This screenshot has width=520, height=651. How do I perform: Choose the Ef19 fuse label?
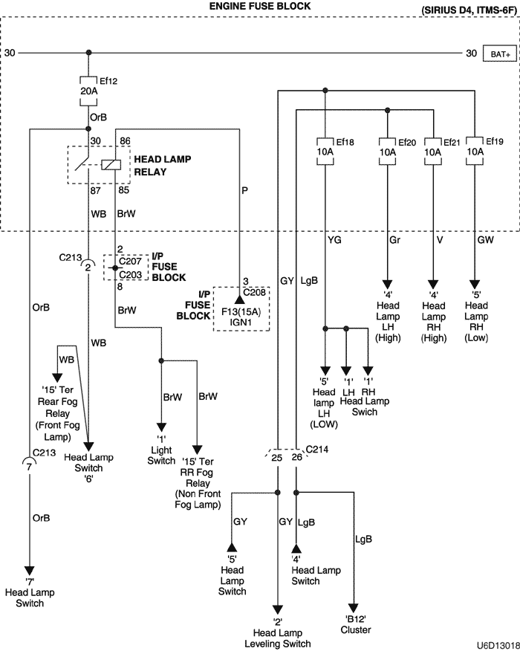point(495,142)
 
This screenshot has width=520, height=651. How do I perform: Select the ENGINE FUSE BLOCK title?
point(260,7)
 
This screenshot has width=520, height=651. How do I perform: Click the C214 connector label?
point(317,449)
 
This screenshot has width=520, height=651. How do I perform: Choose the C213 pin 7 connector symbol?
point(29,466)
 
